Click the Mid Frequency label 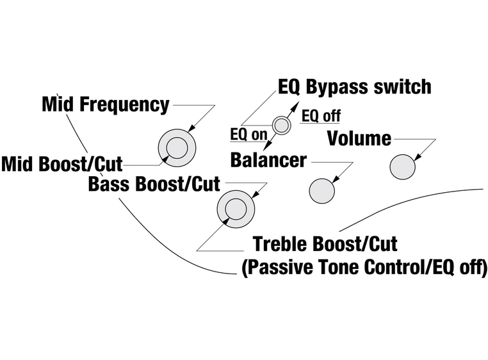tap(106, 104)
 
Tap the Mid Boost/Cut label tap(61, 164)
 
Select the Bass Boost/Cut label tap(154, 184)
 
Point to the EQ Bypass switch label tap(354, 87)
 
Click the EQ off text tap(321, 116)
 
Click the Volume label tap(359, 138)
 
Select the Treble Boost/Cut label tap(325, 243)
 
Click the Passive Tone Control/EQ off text tap(364, 267)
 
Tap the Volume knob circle tap(403, 167)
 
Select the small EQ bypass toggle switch tap(281, 126)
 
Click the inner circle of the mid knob tap(177, 149)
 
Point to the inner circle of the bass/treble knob tap(235, 209)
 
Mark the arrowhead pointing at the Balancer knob tap(335, 181)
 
